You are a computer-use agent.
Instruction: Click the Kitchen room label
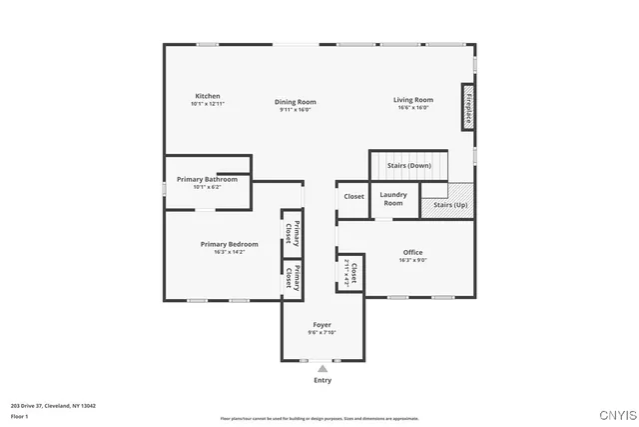pyautogui.click(x=208, y=96)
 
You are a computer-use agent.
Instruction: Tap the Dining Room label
pyautogui.click(x=297, y=101)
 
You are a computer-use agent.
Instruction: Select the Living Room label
pyautogui.click(x=412, y=100)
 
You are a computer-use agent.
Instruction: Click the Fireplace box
pyautogui.click(x=466, y=107)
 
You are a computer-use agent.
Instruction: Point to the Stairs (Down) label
pyautogui.click(x=409, y=165)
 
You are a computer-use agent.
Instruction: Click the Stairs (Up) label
pyautogui.click(x=450, y=205)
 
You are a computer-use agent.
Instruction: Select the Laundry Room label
pyautogui.click(x=393, y=199)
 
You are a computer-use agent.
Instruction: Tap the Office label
pyautogui.click(x=413, y=252)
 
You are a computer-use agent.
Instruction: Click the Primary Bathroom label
pyautogui.click(x=208, y=179)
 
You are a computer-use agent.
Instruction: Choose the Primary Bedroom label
pyautogui.click(x=229, y=244)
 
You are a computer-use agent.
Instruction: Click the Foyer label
pyautogui.click(x=321, y=325)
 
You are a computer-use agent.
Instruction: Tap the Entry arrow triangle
pyautogui.click(x=321, y=369)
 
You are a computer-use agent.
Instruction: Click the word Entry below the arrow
pyautogui.click(x=322, y=380)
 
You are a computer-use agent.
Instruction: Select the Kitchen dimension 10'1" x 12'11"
pyautogui.click(x=208, y=104)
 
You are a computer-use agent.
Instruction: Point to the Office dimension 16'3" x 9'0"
pyautogui.click(x=413, y=260)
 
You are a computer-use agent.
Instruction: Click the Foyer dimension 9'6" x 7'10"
pyautogui.click(x=321, y=333)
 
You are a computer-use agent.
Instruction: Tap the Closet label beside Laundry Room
pyautogui.click(x=354, y=197)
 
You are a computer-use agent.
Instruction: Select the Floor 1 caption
pyautogui.click(x=20, y=416)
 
